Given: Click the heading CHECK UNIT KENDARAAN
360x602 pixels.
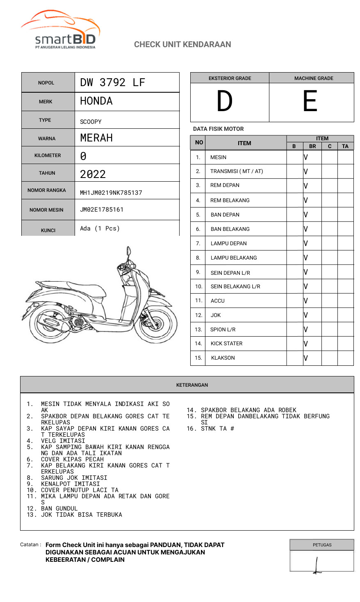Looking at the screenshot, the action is click(x=182, y=44).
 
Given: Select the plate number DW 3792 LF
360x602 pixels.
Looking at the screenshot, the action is click(x=113, y=82).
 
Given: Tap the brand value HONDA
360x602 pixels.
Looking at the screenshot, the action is click(x=96, y=101).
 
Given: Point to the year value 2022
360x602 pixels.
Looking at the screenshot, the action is click(x=93, y=174).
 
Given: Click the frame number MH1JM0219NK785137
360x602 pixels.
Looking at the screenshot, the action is click(x=111, y=193).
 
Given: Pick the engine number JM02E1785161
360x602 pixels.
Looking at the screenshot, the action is click(x=102, y=210).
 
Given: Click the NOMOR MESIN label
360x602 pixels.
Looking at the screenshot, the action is click(x=46, y=210).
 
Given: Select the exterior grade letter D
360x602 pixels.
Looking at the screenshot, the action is click(x=225, y=101).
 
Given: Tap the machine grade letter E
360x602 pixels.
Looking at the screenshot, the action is click(x=310, y=101).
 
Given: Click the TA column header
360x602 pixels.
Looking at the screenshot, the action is click(x=345, y=146).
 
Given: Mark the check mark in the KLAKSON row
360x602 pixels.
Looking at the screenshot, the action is click(x=306, y=358).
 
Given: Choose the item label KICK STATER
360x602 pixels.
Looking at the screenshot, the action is click(x=226, y=344).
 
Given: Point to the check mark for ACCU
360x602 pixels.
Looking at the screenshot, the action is click(x=306, y=301).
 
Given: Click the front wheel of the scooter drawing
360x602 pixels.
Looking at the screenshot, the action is click(x=158, y=324).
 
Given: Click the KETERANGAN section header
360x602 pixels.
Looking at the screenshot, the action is click(x=192, y=385).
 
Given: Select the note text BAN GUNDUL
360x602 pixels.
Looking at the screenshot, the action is click(x=59, y=509).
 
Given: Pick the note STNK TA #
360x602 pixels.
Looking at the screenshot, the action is click(x=217, y=429).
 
